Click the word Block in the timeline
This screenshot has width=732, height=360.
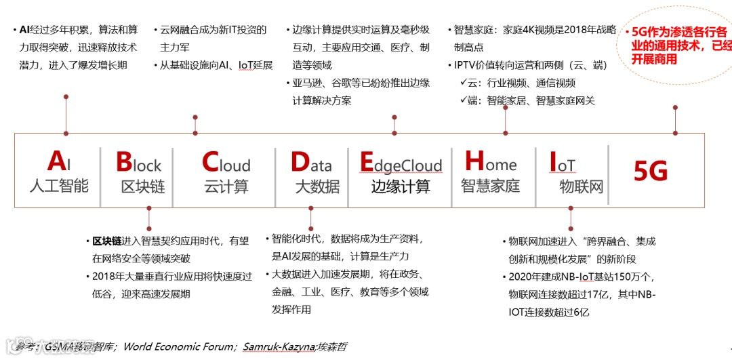[x=138, y=163]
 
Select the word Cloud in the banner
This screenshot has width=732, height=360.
[x=226, y=163]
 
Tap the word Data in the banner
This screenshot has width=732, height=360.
[x=311, y=163]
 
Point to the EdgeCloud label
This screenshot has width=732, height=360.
[x=401, y=164]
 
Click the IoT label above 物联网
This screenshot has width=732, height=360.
[x=562, y=164]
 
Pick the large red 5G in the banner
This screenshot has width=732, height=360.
[x=651, y=172]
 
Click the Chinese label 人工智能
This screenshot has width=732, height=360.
[x=59, y=186]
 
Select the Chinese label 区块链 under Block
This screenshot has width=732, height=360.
[x=143, y=186]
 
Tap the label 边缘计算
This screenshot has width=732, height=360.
[x=401, y=186]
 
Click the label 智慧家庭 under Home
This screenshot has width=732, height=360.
[x=490, y=186]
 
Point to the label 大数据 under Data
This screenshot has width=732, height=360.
[x=317, y=186]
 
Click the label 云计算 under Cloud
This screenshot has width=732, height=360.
[x=226, y=186]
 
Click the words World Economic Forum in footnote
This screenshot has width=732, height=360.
[x=179, y=347]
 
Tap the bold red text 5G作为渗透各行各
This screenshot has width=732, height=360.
[x=678, y=32]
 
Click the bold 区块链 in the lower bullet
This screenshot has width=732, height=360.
[x=107, y=241]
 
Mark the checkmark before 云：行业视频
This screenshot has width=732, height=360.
[x=464, y=83]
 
